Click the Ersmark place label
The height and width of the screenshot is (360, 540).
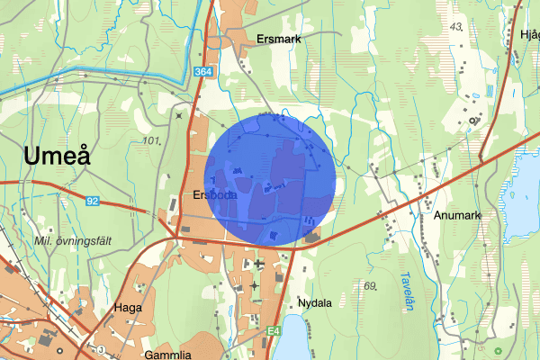click(278, 40)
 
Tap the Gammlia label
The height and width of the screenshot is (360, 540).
click(167, 355)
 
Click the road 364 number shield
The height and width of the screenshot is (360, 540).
click(202, 71)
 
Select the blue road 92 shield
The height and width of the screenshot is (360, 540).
click(93, 201)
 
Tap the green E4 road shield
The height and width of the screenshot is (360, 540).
click(273, 331)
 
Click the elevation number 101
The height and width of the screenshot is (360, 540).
click(151, 141)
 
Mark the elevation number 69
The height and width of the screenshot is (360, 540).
click(368, 286)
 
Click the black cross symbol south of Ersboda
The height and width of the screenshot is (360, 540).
click(259, 264)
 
